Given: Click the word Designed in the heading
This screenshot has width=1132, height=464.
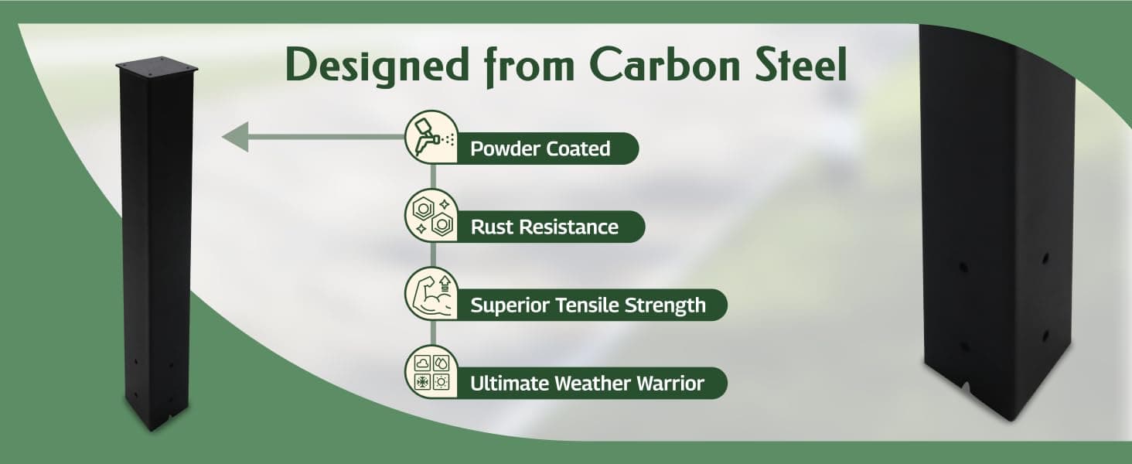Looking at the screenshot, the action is tap(377, 67).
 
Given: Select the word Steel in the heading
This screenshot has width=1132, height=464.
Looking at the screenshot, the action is tap(802, 65).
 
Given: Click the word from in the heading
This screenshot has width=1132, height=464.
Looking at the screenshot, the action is tap(529, 67).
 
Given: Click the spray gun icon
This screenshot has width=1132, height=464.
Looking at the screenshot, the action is tap(431, 136).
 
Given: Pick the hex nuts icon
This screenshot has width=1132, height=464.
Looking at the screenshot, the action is tap(431, 215).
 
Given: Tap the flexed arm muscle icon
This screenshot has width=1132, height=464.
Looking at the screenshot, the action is tap(431, 294).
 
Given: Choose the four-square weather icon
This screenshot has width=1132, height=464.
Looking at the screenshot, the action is tap(431, 372).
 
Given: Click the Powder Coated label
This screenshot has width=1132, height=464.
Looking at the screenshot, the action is tap(540, 148).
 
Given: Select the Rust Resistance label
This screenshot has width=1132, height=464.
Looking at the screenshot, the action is tap(545, 227).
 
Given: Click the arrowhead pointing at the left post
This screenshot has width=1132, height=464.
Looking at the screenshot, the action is tap(236, 136).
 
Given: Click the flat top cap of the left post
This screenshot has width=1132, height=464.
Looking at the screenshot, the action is tap(157, 66).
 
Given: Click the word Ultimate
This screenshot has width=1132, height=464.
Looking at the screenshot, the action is tap(510, 384).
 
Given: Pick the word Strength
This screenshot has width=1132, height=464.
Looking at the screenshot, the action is tap(665, 306).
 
